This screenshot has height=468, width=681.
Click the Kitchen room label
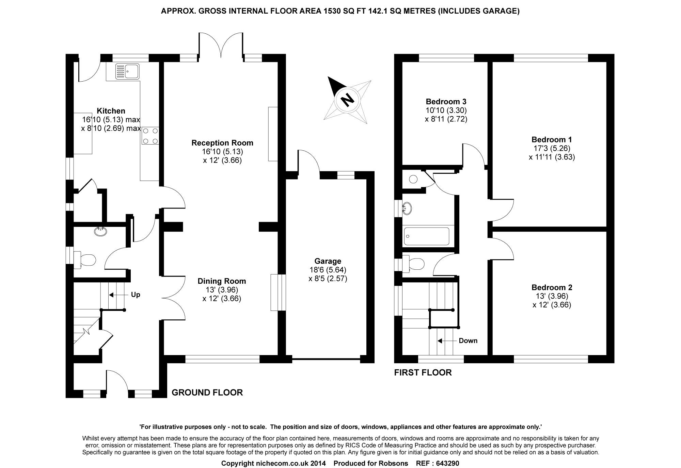tap(111, 111)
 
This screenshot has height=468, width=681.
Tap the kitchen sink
tap(127, 71)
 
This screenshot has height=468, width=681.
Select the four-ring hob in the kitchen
tap(150, 135)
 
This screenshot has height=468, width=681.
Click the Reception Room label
tap(222, 143)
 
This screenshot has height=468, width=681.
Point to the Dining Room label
tap(222, 281)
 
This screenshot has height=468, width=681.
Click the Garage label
tap(328, 261)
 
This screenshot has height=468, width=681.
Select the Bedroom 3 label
tap(446, 101)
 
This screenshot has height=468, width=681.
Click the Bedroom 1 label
tap(552, 139)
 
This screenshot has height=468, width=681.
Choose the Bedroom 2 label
tap(552, 287)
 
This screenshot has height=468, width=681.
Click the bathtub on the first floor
tap(426, 236)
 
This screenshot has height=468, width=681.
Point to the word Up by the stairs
tap(136, 295)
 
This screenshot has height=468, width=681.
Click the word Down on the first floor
tap(468, 341)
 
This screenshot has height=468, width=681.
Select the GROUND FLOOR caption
tap(207, 392)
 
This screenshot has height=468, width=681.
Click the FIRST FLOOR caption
tap(423, 372)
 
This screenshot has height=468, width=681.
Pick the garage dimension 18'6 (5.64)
tap(328, 270)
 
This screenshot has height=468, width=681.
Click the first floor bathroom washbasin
tap(407, 208)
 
